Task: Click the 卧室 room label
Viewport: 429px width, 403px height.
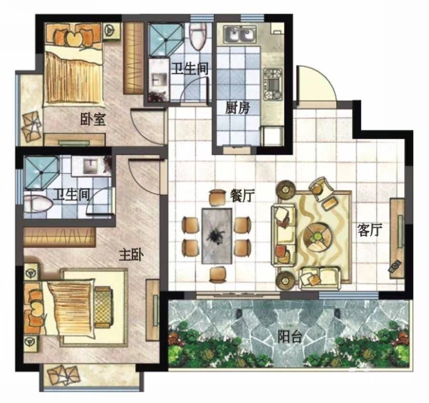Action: (93, 119)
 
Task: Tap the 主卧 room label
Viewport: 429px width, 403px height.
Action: (132, 255)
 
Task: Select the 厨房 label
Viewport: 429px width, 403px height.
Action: (237, 108)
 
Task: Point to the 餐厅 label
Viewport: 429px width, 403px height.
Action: (243, 196)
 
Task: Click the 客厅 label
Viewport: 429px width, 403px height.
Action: (370, 230)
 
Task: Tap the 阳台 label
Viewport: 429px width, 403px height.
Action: (290, 337)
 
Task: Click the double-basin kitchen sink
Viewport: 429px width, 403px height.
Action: (240, 35)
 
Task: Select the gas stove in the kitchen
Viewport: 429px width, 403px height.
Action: (273, 84)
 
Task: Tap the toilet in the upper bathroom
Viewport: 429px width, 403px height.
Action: (198, 36)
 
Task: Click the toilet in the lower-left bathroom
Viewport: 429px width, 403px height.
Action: (38, 204)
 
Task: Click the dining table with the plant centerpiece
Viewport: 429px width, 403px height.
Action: (217, 236)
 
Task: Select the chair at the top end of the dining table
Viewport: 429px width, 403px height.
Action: (217, 197)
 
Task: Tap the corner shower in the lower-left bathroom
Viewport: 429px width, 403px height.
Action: (41, 173)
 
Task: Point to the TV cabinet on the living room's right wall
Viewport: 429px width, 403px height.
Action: (397, 238)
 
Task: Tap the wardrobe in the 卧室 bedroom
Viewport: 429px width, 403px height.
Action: (133, 58)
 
